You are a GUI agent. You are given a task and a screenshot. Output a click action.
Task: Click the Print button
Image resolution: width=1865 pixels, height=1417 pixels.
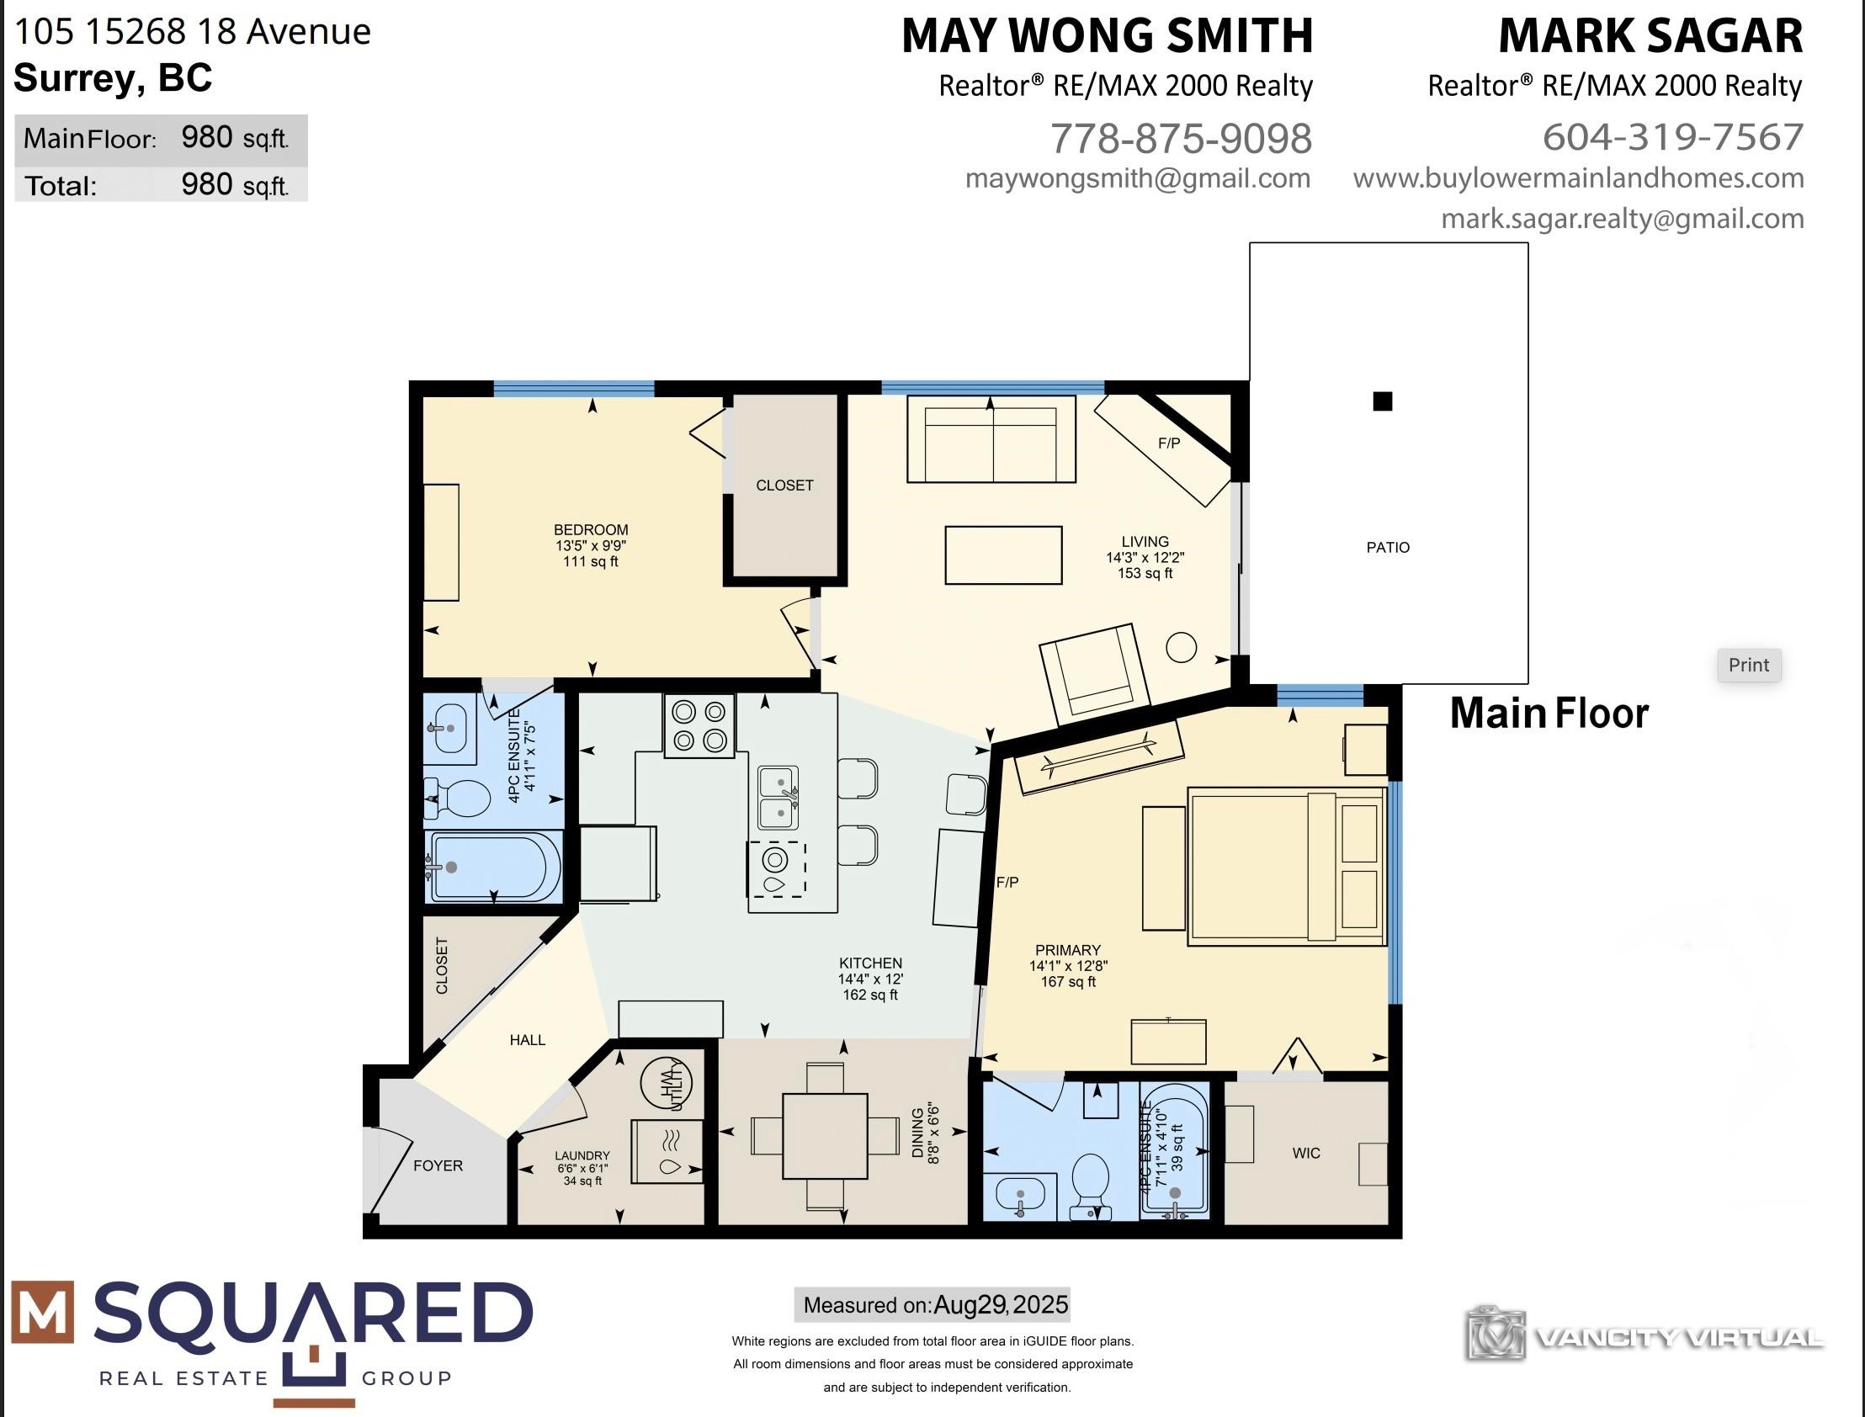1749,665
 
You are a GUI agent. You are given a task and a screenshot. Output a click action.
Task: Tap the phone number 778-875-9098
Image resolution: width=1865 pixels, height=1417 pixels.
1181,138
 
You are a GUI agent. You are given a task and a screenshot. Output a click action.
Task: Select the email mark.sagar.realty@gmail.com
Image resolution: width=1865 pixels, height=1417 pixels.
1622,219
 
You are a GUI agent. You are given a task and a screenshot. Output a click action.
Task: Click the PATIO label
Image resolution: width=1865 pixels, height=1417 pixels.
1388,548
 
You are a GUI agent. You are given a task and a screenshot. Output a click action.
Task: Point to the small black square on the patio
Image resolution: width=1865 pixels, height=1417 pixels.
1383,401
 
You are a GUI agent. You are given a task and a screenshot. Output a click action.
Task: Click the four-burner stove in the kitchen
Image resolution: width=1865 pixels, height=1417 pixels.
699,726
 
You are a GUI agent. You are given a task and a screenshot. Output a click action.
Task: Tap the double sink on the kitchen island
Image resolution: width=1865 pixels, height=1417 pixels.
778,797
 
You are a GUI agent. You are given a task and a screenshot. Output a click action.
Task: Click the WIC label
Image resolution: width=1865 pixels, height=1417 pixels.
1306,1153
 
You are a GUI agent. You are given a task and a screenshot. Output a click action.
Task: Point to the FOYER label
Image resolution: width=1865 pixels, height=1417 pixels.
438,1165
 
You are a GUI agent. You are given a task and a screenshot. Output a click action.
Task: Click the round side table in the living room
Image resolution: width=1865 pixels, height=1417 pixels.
1181,647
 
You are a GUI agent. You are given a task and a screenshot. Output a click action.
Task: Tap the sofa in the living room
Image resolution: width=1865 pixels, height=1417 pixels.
991,438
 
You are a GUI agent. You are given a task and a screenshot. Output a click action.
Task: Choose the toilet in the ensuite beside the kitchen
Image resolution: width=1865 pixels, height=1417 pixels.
457,798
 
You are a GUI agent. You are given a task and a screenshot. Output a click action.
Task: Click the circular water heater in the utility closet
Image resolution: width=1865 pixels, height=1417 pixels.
667,1081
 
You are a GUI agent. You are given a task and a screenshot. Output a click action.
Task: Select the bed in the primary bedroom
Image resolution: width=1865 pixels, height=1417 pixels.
1286,866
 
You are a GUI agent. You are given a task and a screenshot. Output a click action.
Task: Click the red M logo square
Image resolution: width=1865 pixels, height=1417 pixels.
42,1313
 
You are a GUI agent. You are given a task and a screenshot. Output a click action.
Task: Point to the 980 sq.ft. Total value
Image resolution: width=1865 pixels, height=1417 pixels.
236,185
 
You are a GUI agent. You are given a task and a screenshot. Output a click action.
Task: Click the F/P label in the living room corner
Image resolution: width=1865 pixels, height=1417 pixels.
1168,443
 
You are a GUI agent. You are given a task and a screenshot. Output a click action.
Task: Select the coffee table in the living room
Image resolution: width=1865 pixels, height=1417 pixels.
1003,555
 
